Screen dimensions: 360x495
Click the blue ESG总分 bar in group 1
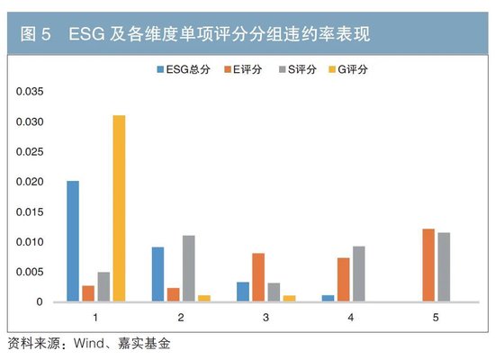[73, 241]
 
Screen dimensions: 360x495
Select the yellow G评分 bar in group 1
[120, 209]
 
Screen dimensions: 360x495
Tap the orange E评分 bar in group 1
[88, 293]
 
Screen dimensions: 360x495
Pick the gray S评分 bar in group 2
[188, 268]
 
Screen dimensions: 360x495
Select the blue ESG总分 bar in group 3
[243, 292]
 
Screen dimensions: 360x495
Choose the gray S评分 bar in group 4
[359, 274]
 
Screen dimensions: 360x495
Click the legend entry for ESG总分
[184, 68]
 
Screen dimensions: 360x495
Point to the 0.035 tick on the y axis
[29, 91]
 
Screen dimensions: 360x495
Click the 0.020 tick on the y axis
[29, 182]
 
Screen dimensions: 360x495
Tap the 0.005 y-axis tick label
[29, 272]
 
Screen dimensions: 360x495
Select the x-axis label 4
[351, 318]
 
